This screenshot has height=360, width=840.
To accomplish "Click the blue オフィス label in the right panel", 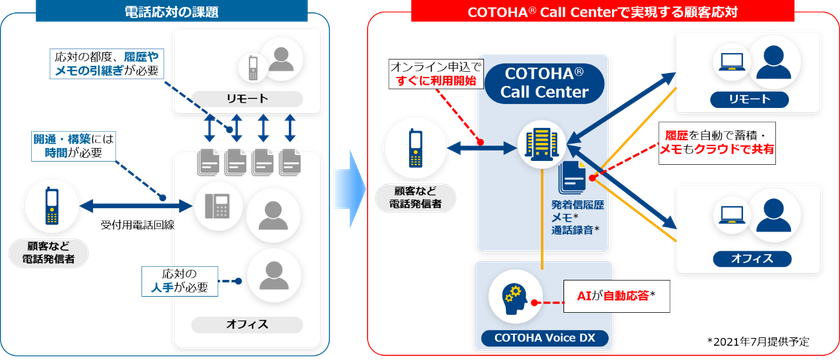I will [744, 257].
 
